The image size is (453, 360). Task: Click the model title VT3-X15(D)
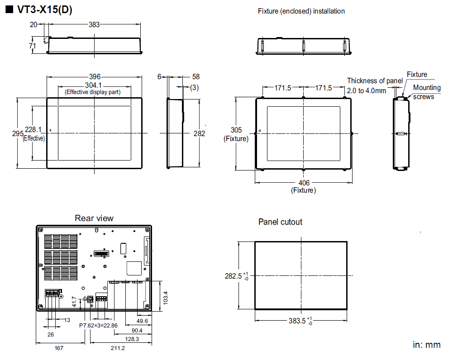[x=43, y=10]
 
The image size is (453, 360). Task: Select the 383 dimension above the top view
[x=94, y=25]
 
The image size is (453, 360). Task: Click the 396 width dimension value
[x=94, y=77]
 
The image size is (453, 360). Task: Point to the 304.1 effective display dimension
[x=94, y=85]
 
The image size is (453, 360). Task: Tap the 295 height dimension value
[x=18, y=133]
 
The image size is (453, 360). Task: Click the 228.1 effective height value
[x=33, y=130]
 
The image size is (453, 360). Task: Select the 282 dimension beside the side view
[x=199, y=133]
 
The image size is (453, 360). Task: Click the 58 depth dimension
[x=196, y=77]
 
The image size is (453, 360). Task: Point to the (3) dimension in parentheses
[x=194, y=87]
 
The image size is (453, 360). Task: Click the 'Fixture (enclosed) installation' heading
[x=301, y=11]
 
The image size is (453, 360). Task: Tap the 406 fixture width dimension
[x=304, y=183]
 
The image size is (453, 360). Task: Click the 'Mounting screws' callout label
[x=426, y=92]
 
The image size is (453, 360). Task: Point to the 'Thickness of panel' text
[x=375, y=81]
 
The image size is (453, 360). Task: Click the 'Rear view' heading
[x=94, y=218]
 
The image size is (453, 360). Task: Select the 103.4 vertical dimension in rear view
[x=166, y=297]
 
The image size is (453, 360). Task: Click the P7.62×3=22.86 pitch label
[x=98, y=325]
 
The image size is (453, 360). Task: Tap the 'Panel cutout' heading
[x=280, y=222]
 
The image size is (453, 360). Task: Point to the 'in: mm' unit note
[x=426, y=345]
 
